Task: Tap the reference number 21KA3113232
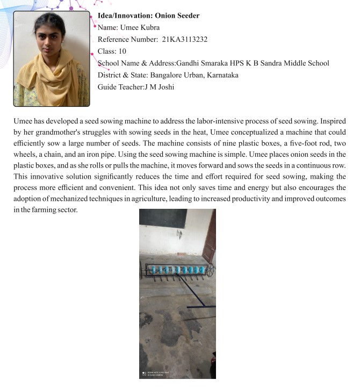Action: (x=185, y=39)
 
